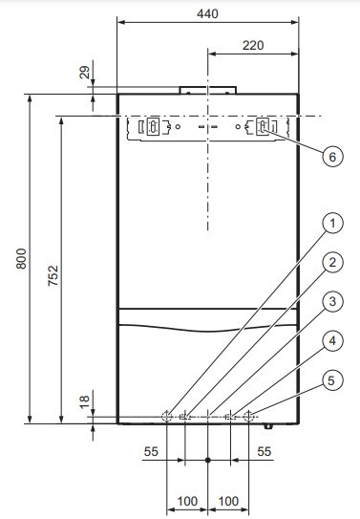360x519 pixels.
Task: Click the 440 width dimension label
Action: point(207,14)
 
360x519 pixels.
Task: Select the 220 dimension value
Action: point(253,45)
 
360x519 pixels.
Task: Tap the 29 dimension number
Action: point(85,72)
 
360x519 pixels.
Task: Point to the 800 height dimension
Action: point(21,258)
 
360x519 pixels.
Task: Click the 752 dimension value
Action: point(53,275)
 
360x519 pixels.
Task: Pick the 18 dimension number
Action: point(85,401)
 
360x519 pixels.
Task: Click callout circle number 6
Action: point(332,157)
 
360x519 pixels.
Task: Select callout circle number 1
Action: point(332,224)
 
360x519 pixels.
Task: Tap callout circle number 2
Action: point(332,263)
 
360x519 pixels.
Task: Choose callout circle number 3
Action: point(332,301)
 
